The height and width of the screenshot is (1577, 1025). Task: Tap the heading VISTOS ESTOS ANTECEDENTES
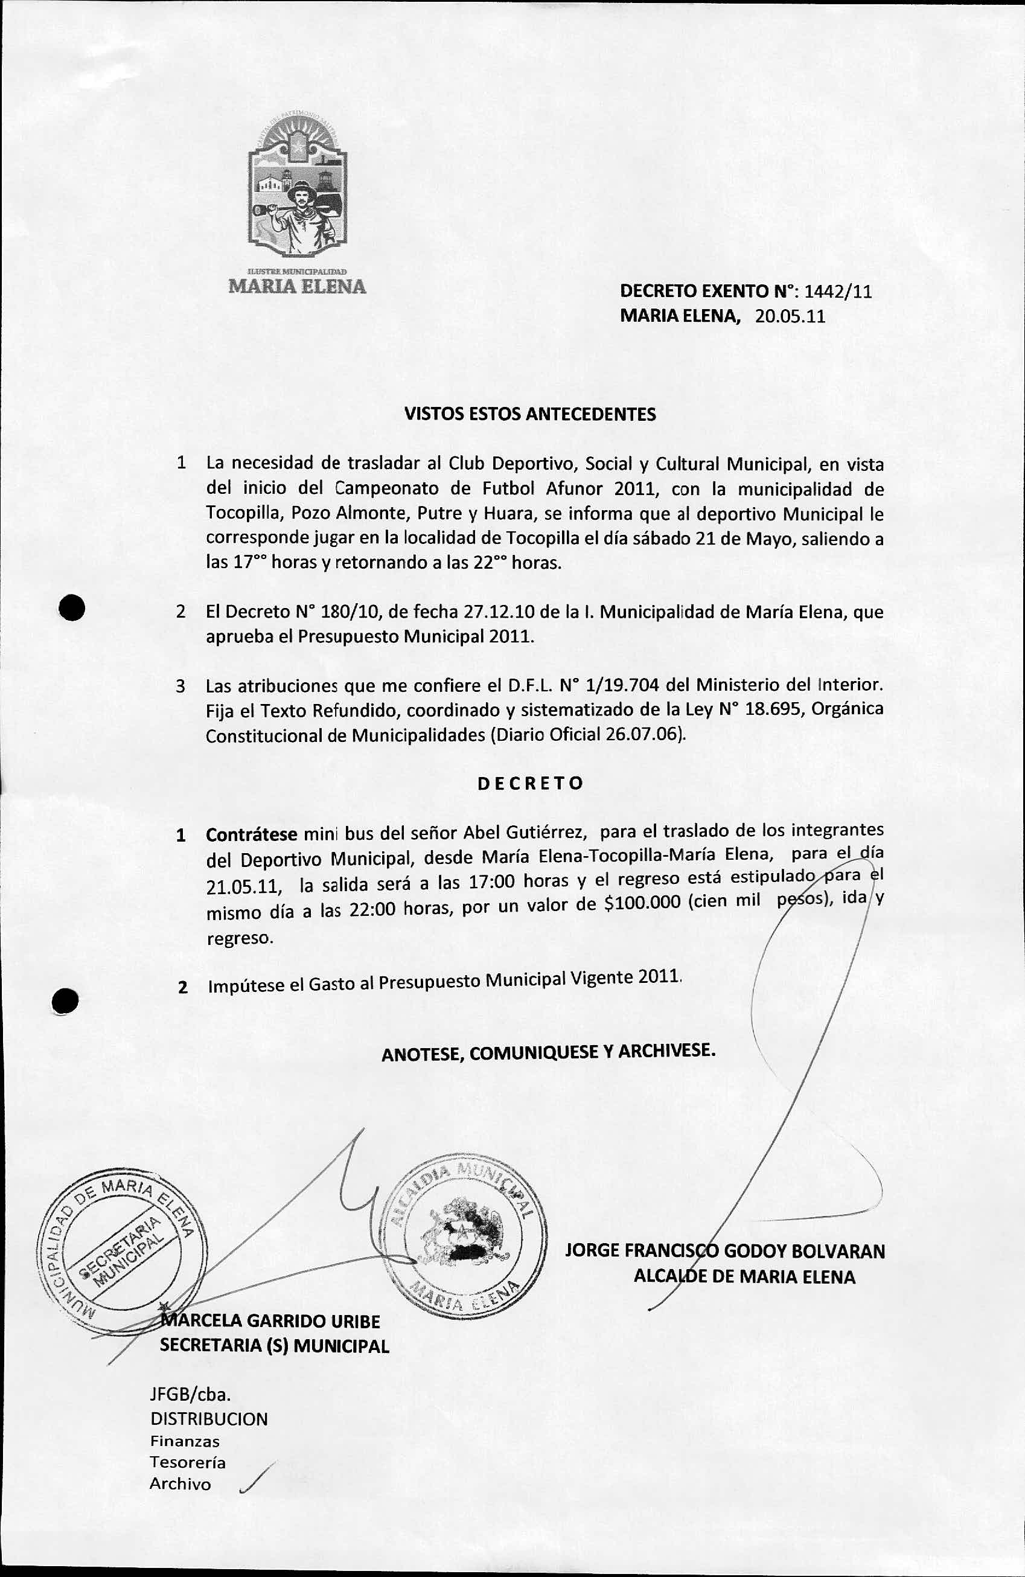click(x=530, y=415)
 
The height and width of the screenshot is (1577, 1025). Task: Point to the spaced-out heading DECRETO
click(x=530, y=783)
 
